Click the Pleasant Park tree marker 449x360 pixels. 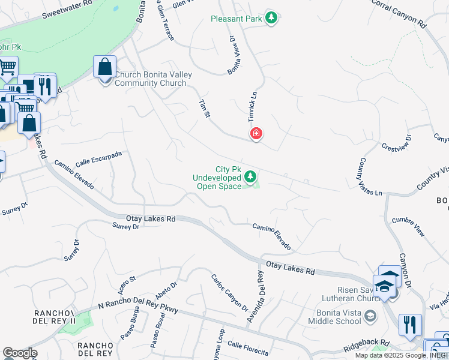(x=271, y=18)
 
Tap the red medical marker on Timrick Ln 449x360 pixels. (x=256, y=133)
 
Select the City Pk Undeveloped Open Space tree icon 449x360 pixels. (x=250, y=176)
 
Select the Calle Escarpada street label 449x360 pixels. (x=98, y=159)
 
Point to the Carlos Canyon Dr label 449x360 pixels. (x=229, y=293)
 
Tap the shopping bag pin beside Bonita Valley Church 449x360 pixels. (x=105, y=67)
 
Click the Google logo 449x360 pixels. (x=20, y=353)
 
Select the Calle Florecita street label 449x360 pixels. (x=248, y=347)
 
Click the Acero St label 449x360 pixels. (x=127, y=281)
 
